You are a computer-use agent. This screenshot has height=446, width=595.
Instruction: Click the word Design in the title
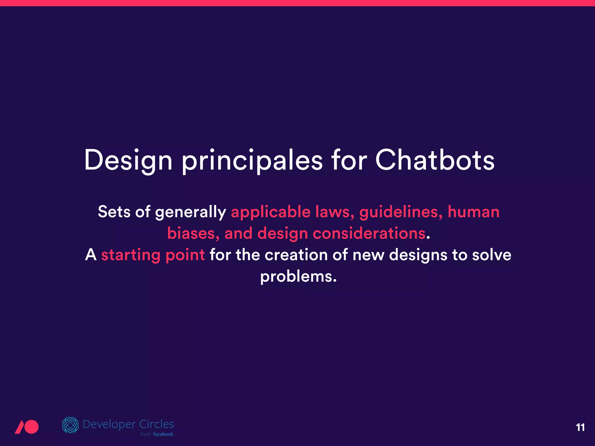(x=128, y=160)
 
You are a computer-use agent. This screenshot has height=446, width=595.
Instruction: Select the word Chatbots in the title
(x=435, y=160)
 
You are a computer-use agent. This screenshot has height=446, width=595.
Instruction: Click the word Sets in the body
(x=114, y=212)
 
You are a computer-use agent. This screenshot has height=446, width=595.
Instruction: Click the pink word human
(x=473, y=212)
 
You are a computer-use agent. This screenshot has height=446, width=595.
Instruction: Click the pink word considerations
(x=369, y=233)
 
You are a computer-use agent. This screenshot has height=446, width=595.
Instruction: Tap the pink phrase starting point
(x=153, y=255)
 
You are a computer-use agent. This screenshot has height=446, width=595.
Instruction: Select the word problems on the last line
(x=298, y=277)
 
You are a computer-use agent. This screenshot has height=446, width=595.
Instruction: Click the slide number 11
(x=580, y=427)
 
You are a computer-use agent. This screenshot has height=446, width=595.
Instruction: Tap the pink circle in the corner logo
(x=31, y=427)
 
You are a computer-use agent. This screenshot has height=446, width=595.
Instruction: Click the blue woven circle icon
(x=70, y=425)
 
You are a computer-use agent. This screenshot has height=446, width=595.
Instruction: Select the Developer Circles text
(x=128, y=424)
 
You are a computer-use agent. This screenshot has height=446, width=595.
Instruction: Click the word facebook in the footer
(x=163, y=434)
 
